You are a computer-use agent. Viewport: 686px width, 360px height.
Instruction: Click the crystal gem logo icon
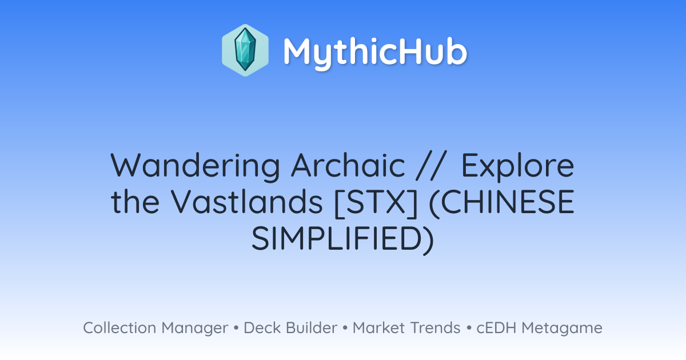point(245,50)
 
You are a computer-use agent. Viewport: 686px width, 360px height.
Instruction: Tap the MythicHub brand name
point(375,52)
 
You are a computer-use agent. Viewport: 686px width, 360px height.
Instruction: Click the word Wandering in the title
point(196,166)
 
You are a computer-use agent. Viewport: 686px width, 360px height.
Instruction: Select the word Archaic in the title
point(348,165)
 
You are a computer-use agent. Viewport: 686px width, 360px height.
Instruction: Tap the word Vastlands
point(247,201)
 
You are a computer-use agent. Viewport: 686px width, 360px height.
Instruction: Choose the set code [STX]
point(376,202)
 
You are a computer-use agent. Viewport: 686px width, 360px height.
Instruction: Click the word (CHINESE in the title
point(502,202)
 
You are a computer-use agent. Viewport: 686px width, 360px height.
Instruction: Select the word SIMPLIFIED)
point(342,239)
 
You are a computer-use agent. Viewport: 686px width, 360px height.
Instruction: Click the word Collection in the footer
point(119,327)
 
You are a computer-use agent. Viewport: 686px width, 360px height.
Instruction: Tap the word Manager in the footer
point(195,329)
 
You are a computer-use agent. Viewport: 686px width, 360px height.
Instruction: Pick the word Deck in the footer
point(262,327)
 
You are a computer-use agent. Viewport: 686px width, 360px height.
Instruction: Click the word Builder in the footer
point(312,327)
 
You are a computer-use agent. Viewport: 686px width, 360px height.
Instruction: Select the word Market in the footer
point(378,327)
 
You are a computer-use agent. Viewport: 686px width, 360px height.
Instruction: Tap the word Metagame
point(562,329)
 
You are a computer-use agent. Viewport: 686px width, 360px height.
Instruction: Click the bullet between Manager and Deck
point(236,328)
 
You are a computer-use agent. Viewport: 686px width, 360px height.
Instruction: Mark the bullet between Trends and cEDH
point(469,328)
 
